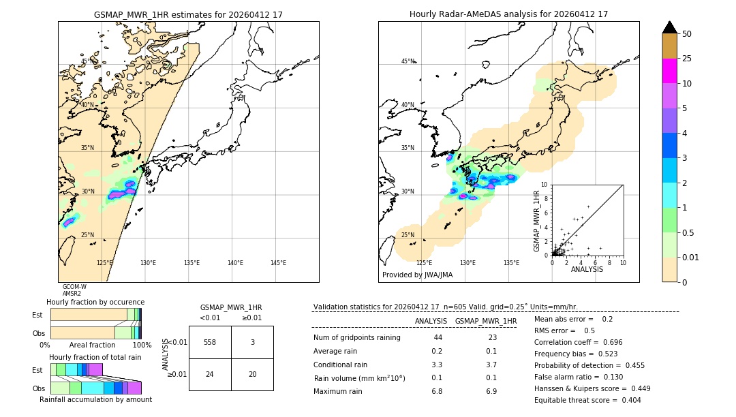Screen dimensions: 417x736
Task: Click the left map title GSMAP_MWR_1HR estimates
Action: pos(188,14)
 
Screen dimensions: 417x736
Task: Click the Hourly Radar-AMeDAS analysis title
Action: pos(508,14)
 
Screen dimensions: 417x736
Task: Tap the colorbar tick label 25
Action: pos(687,59)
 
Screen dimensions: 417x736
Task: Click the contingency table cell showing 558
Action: pos(210,342)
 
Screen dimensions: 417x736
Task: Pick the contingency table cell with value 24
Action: pos(210,374)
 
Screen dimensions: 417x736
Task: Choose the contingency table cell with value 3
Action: pos(252,342)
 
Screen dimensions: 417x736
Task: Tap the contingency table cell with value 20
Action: pos(252,374)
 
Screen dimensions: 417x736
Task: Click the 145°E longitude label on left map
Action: pos(278,263)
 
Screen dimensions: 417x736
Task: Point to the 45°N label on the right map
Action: pos(408,61)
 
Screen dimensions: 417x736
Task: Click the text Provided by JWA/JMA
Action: pos(417,275)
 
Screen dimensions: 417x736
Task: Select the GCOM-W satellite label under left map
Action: pos(74,287)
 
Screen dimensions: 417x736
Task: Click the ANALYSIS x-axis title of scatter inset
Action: pos(587,269)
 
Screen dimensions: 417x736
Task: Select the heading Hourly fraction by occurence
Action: pos(95,302)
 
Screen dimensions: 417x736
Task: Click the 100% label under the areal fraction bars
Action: pos(142,345)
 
